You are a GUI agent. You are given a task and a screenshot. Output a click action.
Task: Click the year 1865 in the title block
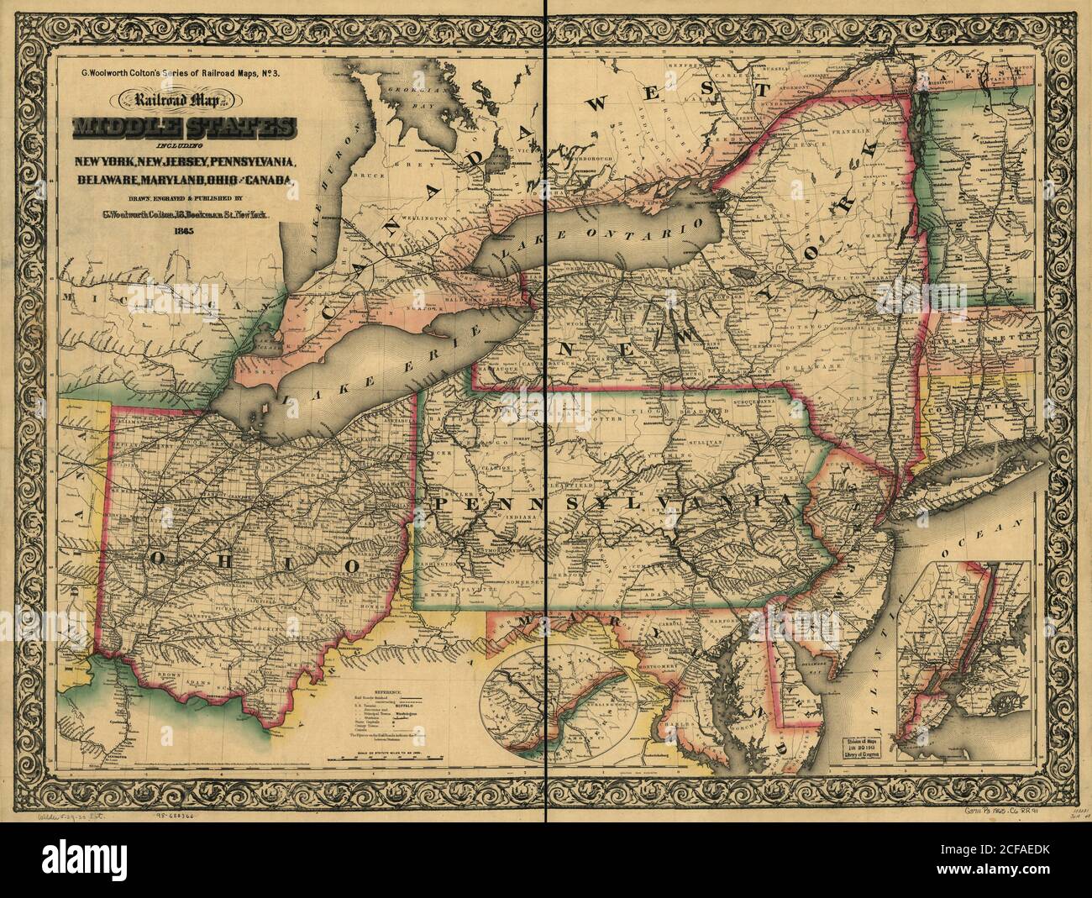tap(183, 229)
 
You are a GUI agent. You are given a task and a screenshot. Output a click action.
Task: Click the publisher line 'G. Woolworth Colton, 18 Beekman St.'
tap(183, 213)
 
